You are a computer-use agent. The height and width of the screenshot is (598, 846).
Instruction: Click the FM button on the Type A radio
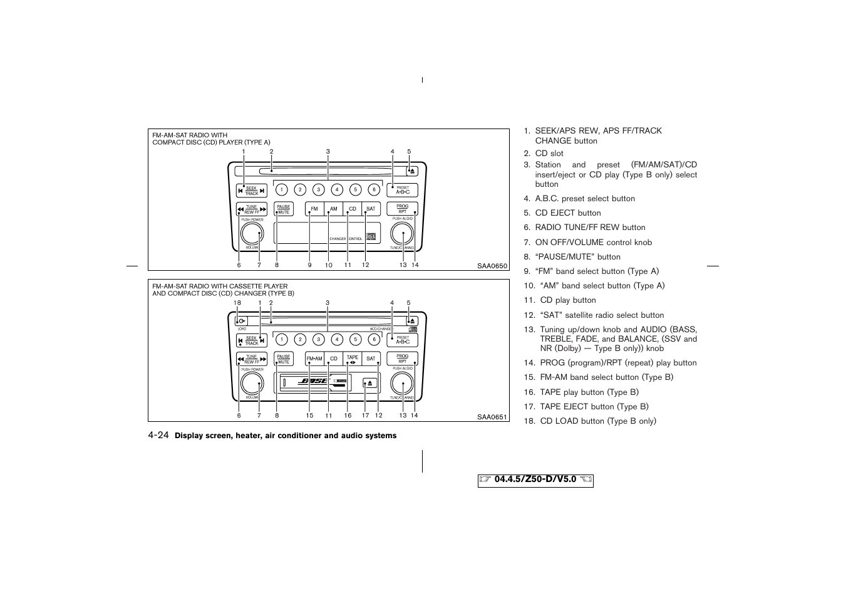[314, 209]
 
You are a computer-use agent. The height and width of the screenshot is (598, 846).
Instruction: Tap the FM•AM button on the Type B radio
[314, 359]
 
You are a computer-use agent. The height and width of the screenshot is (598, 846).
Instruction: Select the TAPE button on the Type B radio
[353, 359]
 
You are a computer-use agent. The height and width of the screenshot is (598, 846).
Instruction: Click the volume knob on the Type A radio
[252, 234]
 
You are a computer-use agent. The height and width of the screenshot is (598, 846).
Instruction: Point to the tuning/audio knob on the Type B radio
[402, 384]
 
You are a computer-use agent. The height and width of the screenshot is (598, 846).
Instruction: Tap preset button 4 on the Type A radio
[337, 190]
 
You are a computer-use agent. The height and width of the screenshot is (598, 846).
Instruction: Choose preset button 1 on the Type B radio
[282, 340]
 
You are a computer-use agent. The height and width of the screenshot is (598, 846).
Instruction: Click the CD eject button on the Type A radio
[411, 170]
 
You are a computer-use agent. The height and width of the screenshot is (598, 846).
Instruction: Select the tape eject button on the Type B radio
[370, 383]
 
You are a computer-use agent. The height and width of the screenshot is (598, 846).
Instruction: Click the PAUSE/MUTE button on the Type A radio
[284, 209]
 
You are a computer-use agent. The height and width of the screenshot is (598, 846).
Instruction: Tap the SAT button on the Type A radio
[371, 209]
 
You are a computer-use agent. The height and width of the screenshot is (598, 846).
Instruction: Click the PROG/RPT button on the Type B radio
[402, 359]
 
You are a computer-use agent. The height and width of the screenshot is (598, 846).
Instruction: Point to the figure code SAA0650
[492, 266]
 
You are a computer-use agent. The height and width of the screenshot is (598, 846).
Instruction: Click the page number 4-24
[158, 435]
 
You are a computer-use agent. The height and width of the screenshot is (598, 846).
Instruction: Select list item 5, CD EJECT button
[567, 213]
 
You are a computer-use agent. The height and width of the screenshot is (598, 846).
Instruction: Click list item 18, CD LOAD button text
[597, 421]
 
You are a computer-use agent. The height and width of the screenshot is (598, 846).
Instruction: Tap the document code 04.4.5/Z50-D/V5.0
[535, 480]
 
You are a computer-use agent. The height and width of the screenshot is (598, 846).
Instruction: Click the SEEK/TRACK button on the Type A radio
[252, 191]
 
